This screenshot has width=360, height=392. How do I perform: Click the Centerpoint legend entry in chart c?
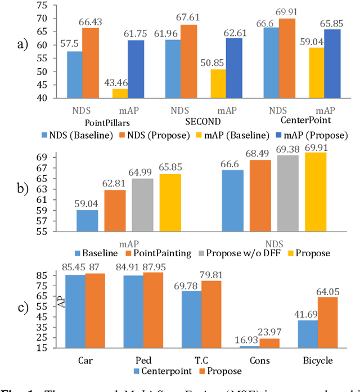[164, 371]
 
